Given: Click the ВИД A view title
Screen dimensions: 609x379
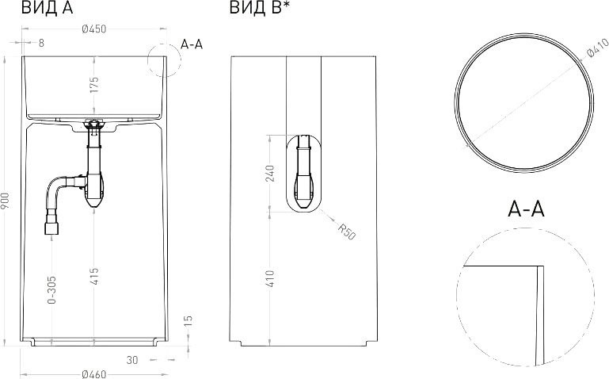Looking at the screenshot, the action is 47,8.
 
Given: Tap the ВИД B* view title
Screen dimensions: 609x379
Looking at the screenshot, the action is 260,8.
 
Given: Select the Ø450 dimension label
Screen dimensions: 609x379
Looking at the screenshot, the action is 94,29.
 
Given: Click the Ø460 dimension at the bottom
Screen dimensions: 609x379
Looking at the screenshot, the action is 94,374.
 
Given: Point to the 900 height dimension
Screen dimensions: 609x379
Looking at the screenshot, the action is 6,201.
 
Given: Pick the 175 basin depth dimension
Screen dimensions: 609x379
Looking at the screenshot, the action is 94,85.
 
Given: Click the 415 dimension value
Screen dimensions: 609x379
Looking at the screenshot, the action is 94,277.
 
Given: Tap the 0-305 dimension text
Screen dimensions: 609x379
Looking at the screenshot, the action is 51,290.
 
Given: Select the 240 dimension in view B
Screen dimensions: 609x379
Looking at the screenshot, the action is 270,174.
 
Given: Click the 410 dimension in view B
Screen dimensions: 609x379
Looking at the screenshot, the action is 270,279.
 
